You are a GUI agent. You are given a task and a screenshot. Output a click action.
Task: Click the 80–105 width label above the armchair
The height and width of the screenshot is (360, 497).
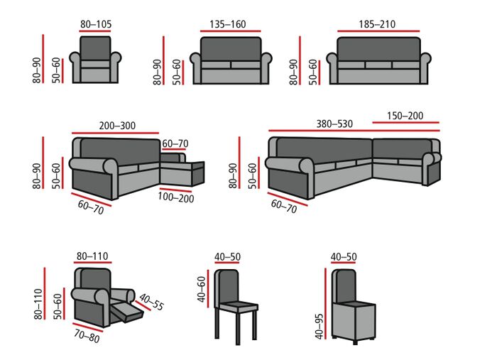tap(94, 24)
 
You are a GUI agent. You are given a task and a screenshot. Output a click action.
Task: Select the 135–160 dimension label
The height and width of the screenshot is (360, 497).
tap(228, 24)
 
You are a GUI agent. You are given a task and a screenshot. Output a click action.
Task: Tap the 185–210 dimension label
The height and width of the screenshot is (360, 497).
tap(377, 24)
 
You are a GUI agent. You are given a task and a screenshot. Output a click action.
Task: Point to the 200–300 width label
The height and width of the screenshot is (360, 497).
tap(118, 126)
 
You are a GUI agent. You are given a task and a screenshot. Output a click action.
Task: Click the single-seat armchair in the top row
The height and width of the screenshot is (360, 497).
tap(94, 60)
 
